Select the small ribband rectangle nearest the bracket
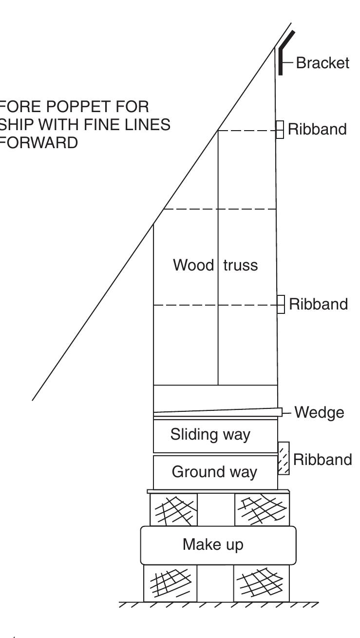click(280, 130)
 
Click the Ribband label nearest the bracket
click(318, 130)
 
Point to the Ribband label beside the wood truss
click(319, 305)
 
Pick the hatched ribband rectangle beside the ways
click(284, 458)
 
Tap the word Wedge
click(319, 413)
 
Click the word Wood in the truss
click(193, 266)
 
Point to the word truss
click(240, 266)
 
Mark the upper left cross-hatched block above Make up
click(173, 509)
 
